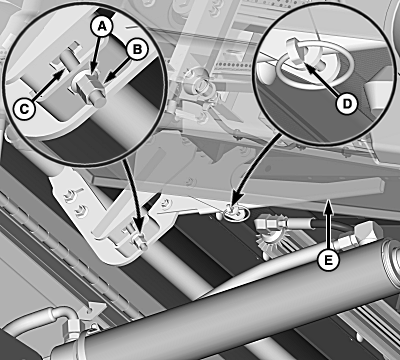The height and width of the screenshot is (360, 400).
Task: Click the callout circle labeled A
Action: (102, 27)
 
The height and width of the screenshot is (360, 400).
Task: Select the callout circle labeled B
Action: (137, 50)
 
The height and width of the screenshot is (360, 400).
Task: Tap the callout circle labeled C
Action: (24, 109)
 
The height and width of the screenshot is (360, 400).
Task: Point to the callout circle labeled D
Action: (347, 104)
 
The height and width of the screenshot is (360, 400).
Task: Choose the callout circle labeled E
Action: (328, 260)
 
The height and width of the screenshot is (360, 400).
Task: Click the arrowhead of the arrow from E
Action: (329, 203)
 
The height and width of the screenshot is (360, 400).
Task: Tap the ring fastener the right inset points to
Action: (235, 212)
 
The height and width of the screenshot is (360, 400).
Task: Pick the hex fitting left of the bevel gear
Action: (266, 223)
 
